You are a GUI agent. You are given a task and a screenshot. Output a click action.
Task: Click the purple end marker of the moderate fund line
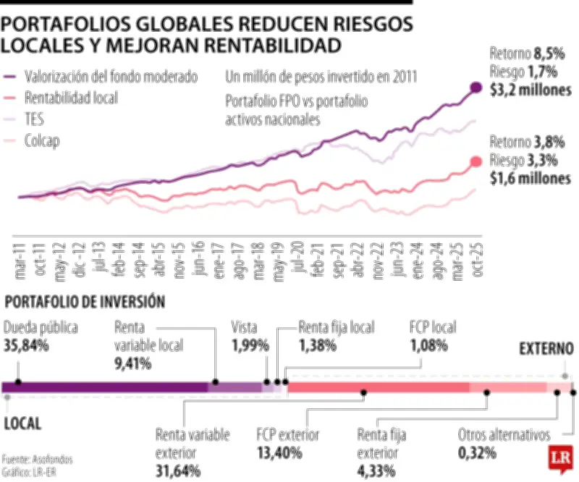click(x=476, y=88)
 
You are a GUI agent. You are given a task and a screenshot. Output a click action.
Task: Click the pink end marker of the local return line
click(x=476, y=161)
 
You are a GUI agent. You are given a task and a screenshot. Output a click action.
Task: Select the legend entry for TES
click(x=34, y=120)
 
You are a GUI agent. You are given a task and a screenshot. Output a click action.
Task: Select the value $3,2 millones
click(x=530, y=90)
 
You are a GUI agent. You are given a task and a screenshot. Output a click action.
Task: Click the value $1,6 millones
click(x=530, y=178)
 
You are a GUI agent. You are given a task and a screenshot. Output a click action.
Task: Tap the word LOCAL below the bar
click(x=22, y=423)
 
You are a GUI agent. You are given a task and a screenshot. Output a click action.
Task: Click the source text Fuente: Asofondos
click(x=38, y=459)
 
